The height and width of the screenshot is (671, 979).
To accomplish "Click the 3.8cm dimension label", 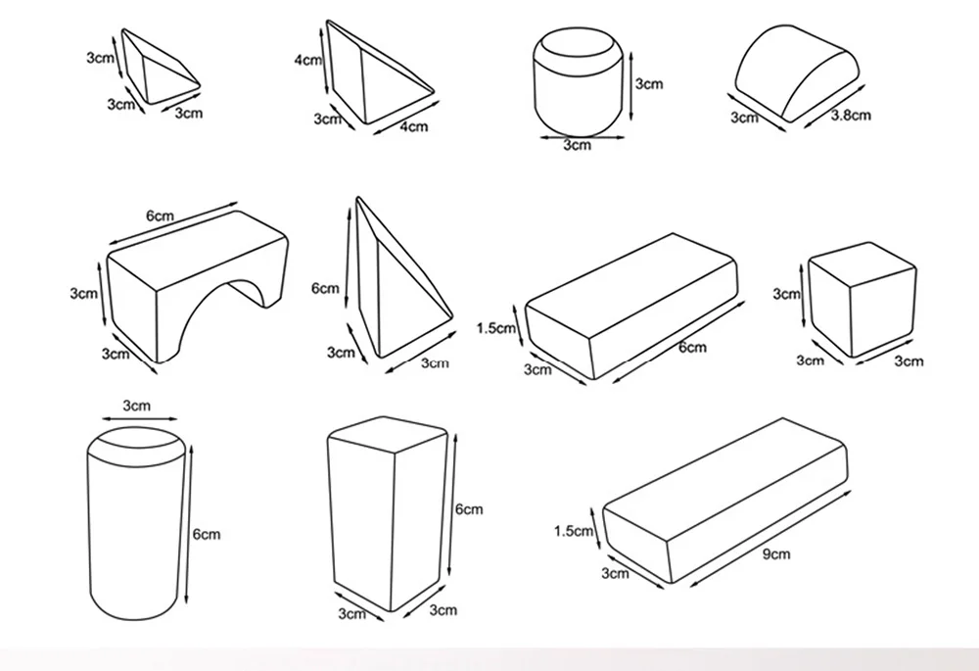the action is (x=851, y=115).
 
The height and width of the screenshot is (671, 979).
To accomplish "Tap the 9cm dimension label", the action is (x=776, y=554).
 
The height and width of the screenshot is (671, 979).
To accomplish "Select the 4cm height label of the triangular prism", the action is (x=308, y=60).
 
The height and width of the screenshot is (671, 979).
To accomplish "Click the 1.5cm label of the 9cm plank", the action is (x=574, y=531).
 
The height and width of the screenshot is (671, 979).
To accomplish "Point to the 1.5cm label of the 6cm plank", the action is (x=496, y=328).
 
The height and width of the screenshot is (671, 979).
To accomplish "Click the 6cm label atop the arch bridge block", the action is (x=160, y=216).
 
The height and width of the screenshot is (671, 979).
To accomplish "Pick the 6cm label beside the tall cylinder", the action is (x=207, y=534).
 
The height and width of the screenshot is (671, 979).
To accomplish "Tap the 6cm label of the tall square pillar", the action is (x=469, y=509).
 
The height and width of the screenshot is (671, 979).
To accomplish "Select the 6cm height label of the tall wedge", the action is (x=325, y=288).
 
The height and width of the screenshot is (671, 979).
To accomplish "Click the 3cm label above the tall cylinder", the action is (x=136, y=406).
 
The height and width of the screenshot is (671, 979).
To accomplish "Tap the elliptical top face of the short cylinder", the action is (x=578, y=44).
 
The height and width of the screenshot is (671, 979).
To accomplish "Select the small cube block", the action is (x=862, y=300).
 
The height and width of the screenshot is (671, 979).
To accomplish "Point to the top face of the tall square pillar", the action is (x=387, y=434).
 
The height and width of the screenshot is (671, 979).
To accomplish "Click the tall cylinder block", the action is (x=135, y=523).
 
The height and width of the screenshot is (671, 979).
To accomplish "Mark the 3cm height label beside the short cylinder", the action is (x=649, y=83).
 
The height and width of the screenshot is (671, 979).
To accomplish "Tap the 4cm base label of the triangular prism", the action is (x=414, y=126).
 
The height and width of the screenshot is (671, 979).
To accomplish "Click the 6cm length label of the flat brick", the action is (x=692, y=347).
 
